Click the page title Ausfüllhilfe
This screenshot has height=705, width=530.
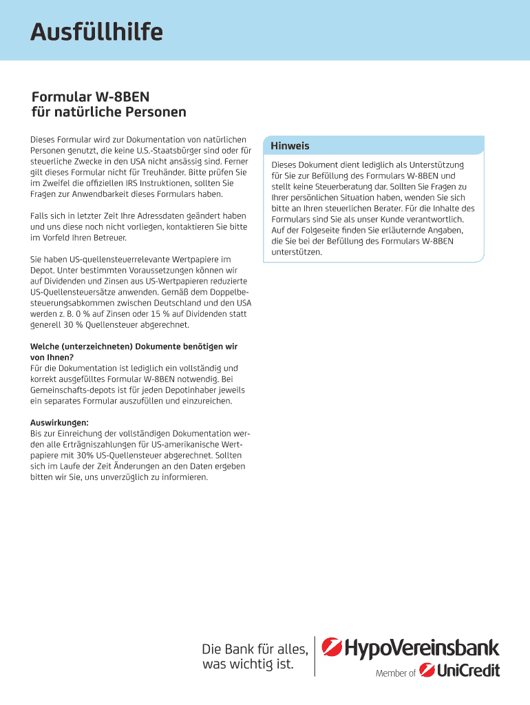click(96, 32)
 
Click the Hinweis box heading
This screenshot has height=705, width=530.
click(290, 146)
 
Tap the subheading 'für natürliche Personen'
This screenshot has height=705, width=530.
click(108, 112)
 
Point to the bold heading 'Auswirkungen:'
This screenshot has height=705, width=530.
click(59, 423)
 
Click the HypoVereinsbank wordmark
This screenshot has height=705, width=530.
click(421, 648)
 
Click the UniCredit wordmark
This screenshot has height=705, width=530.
click(469, 670)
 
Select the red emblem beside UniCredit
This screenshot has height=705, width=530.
click(426, 670)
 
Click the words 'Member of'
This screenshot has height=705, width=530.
click(395, 673)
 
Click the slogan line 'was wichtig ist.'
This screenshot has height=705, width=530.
click(247, 664)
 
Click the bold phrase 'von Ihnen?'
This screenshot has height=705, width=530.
click(52, 357)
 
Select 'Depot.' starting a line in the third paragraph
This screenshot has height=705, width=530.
click(42, 271)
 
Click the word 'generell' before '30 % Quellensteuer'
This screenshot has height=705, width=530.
click(45, 325)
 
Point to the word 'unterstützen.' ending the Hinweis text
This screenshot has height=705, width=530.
click(297, 252)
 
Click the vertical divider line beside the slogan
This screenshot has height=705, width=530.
click(315, 655)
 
